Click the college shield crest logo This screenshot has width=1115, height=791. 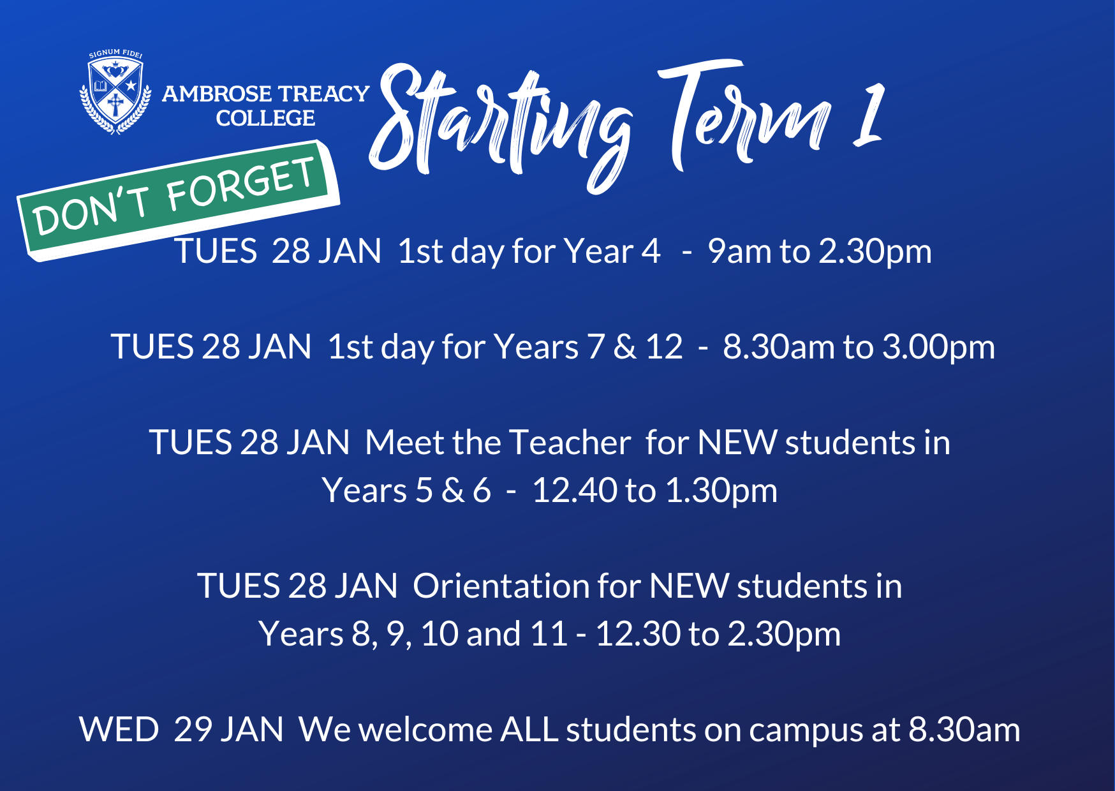(115, 92)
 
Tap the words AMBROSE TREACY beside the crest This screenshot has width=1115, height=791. (265, 94)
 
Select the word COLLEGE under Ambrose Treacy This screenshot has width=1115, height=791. (265, 118)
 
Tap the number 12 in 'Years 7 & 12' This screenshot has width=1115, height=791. (664, 347)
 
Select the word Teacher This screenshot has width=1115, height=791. (570, 442)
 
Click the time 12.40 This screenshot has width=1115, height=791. (574, 491)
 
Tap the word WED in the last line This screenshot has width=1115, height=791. (119, 729)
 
